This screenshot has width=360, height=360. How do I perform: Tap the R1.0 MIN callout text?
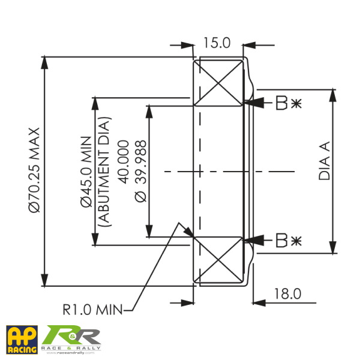[92, 310]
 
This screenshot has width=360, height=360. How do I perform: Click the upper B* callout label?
[287, 103]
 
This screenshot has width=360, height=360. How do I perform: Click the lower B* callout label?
[287, 241]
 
